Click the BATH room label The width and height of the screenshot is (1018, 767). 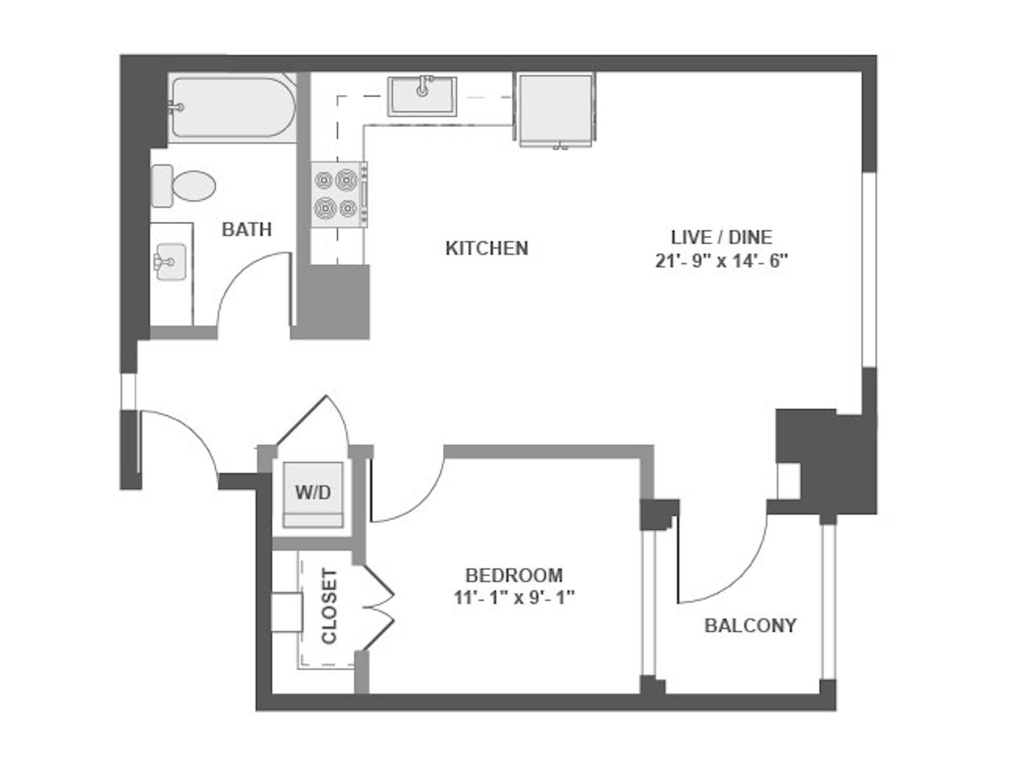pyautogui.click(x=247, y=230)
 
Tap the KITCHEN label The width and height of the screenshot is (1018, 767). pyautogui.click(x=487, y=248)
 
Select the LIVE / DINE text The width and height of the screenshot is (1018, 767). pyautogui.click(x=721, y=237)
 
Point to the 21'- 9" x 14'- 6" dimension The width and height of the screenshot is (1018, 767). pyautogui.click(x=721, y=261)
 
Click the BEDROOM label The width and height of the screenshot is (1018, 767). pyautogui.click(x=514, y=575)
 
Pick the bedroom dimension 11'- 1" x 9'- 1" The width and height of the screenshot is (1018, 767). pyautogui.click(x=514, y=598)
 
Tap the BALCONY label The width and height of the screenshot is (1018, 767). pyautogui.click(x=750, y=625)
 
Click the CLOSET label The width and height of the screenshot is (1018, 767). pyautogui.click(x=329, y=606)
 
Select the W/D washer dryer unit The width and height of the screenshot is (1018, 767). pyautogui.click(x=313, y=495)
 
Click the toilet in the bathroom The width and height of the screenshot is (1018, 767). pyautogui.click(x=183, y=186)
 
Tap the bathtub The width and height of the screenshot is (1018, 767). pyautogui.click(x=232, y=108)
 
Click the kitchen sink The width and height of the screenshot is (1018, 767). pyautogui.click(x=422, y=96)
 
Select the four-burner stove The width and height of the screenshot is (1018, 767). pyautogui.click(x=339, y=195)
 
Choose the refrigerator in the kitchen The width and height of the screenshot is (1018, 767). pyautogui.click(x=555, y=110)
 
